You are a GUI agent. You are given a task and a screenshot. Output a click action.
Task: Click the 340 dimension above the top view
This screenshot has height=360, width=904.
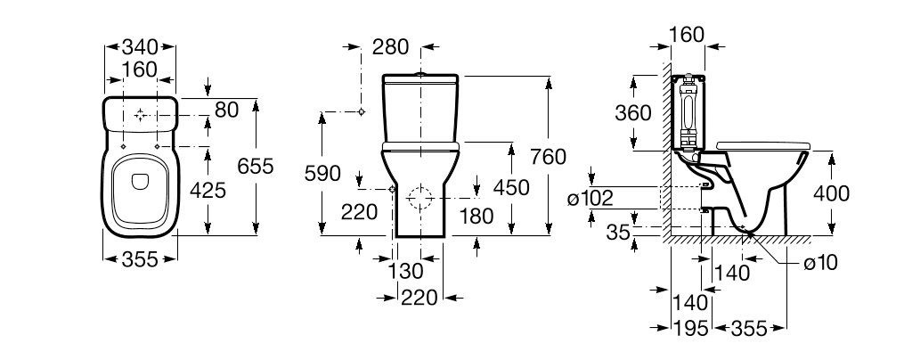coord(140,46)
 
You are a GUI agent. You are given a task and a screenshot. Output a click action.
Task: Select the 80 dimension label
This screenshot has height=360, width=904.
coord(226,109)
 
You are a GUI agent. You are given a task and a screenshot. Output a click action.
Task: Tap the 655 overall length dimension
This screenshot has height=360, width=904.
coord(256,167)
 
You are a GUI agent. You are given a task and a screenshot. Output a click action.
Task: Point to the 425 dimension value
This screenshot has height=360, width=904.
coord(208,190)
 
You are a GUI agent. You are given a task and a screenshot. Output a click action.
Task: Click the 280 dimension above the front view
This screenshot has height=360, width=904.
coord(390,46)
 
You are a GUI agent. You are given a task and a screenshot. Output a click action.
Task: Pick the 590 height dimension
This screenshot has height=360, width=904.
coord(322,174)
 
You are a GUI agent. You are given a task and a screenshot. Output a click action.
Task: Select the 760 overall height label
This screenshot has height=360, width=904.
coord(549,156)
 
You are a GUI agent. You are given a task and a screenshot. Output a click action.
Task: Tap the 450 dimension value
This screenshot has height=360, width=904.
coord(511,187)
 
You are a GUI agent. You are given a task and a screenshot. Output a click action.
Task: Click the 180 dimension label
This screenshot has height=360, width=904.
coord(476,216)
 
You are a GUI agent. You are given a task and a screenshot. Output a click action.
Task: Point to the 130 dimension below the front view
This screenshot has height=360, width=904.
coord(405,270)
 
